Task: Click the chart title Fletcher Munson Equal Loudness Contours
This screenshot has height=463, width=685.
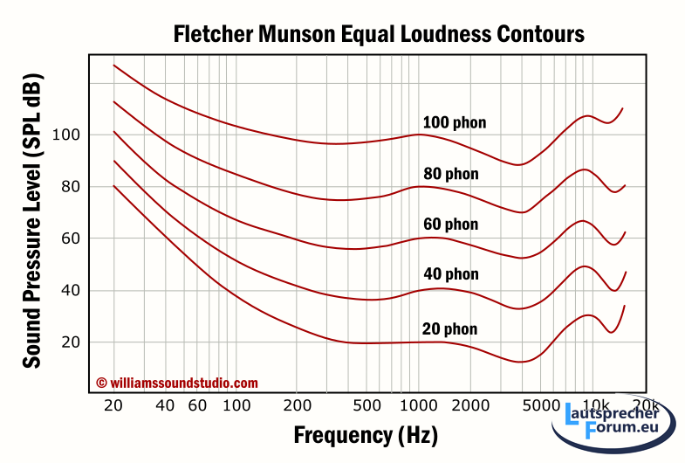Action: click(x=378, y=34)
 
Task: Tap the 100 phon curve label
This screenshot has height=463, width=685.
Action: click(x=454, y=122)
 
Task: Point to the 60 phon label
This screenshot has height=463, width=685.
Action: click(x=449, y=225)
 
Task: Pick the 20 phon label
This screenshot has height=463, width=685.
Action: click(x=449, y=329)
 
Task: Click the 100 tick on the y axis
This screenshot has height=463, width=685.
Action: click(x=66, y=135)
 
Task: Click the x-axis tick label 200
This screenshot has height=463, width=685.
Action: click(x=298, y=406)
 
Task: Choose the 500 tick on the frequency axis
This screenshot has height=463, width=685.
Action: click(x=368, y=406)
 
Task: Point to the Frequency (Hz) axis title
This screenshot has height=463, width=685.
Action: click(x=366, y=434)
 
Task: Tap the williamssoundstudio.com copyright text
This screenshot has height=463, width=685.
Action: click(x=177, y=383)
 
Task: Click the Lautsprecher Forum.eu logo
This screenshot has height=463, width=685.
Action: click(x=616, y=424)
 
